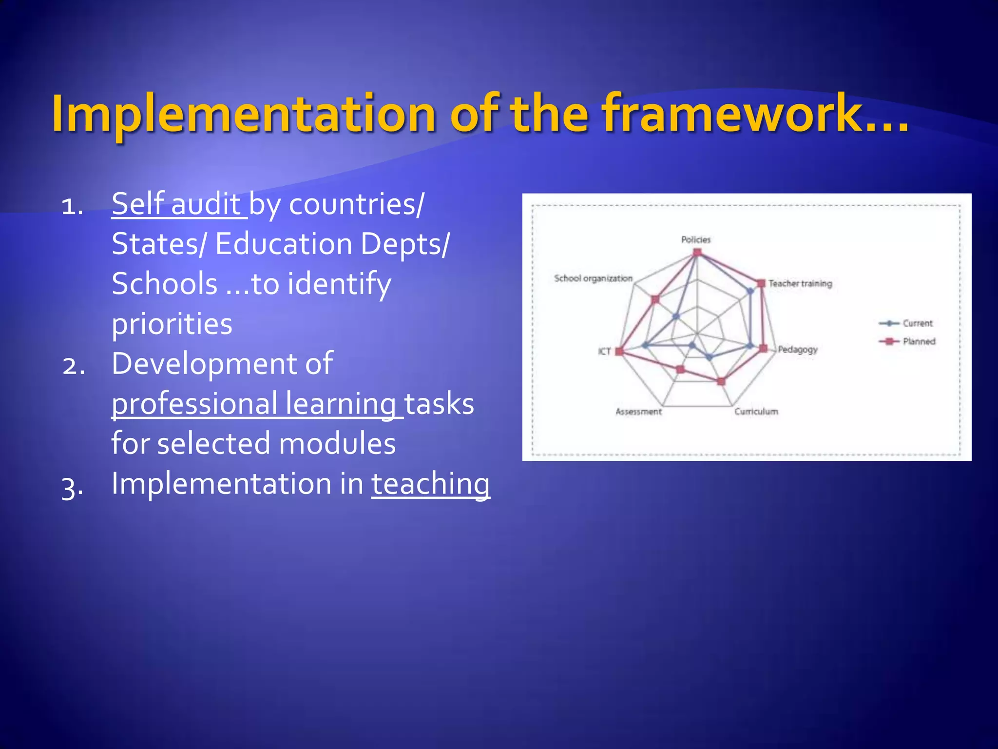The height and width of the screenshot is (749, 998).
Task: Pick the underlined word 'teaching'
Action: [431, 484]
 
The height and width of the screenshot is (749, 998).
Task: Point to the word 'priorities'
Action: [172, 324]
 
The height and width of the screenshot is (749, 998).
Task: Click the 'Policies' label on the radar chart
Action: [696, 239]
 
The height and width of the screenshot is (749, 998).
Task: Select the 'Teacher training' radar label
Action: [800, 283]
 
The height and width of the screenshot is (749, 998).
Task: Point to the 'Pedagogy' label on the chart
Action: [798, 350]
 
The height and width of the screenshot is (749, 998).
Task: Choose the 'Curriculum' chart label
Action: [756, 412]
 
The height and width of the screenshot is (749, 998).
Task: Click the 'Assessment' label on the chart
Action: [638, 412]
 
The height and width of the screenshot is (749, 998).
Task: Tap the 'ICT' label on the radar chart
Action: [604, 351]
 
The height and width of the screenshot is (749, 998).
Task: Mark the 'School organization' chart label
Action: [593, 278]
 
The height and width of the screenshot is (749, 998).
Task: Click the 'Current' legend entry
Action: [917, 323]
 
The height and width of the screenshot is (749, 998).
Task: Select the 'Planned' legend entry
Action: [919, 341]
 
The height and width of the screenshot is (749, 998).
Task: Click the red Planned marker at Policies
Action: [697, 252]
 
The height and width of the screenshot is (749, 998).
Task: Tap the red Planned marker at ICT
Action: [619, 351]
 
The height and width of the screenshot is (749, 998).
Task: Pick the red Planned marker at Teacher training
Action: [761, 283]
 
